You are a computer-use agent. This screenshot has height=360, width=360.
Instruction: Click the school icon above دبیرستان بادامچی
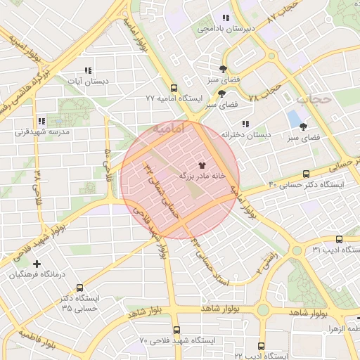click(226, 18)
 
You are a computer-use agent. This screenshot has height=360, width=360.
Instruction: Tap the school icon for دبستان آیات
click(88, 70)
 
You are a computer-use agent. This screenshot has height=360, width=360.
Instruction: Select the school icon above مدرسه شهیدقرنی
click(41, 120)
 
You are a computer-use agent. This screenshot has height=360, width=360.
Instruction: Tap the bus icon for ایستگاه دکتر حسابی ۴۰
click(306, 174)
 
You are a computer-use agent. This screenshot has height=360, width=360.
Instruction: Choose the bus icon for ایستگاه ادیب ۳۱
click(339, 240)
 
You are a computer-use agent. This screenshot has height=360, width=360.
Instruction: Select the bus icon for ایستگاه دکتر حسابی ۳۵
click(79, 287)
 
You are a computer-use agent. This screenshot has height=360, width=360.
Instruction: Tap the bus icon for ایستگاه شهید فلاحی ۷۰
click(176, 329)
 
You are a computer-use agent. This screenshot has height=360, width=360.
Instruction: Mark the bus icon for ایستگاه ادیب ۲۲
click(261, 346)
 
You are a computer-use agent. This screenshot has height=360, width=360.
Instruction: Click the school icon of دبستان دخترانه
click(246, 123)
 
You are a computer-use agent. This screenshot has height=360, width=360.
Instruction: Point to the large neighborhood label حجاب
click(313, 99)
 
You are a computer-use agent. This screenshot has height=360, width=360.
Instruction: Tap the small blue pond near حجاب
click(292, 119)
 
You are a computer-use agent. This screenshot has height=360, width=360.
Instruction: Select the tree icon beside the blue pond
click(303, 127)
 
